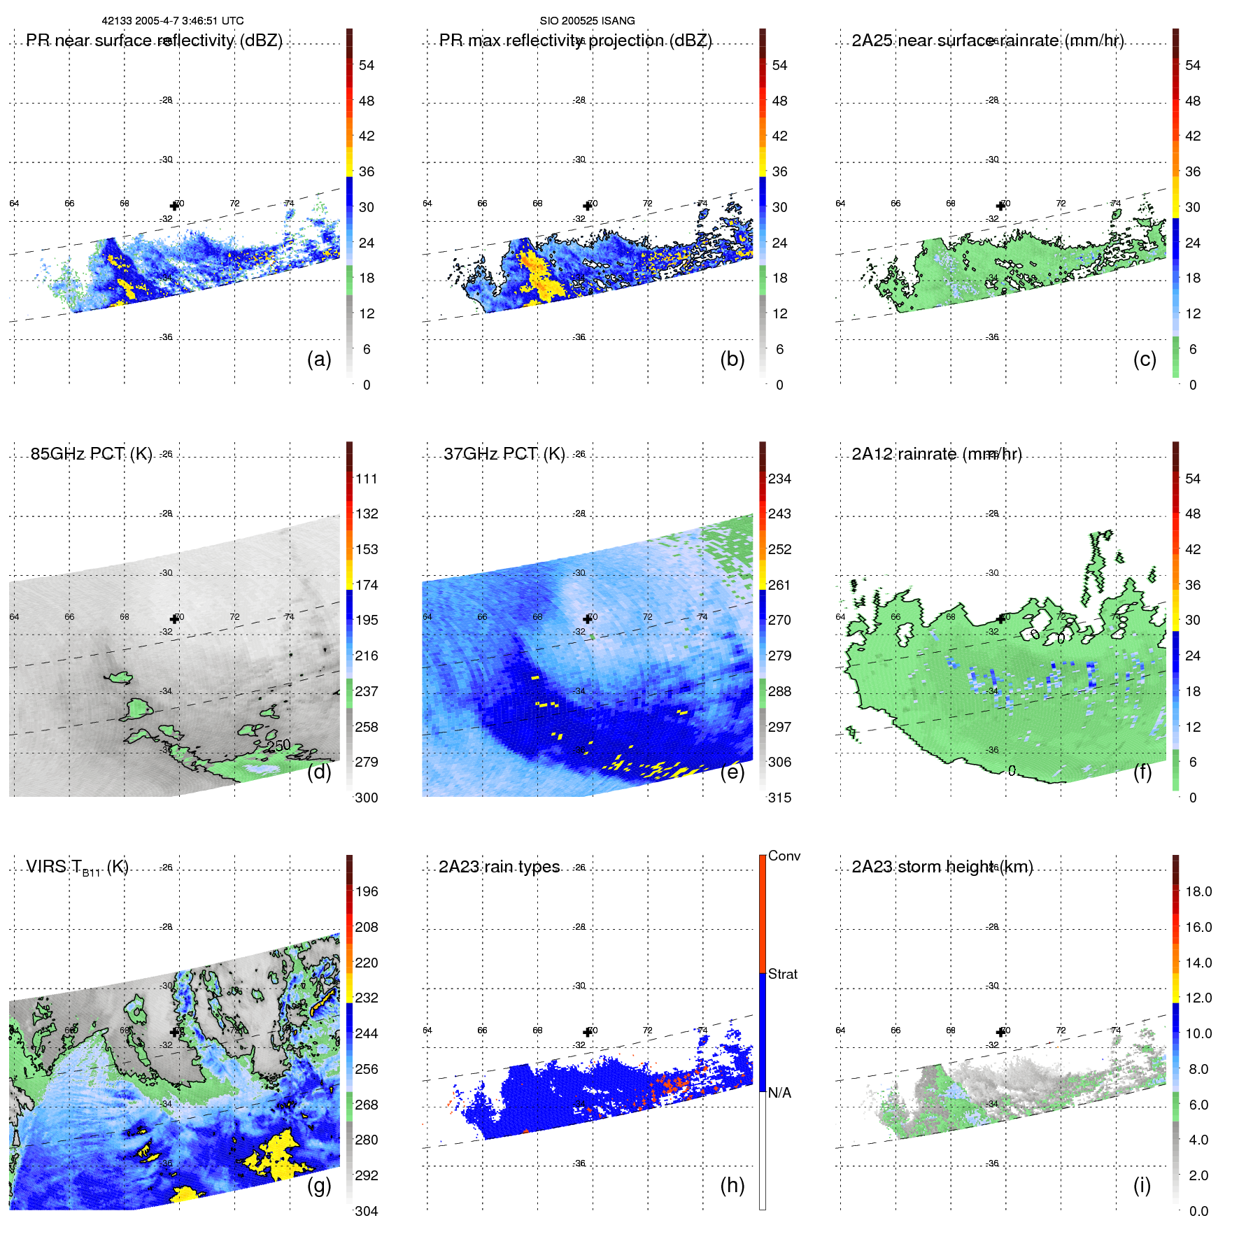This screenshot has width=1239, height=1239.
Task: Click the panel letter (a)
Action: (318, 360)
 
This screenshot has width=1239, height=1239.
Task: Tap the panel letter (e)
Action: (732, 772)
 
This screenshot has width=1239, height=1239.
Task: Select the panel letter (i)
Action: (1142, 1185)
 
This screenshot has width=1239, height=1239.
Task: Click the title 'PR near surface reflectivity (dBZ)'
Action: (154, 41)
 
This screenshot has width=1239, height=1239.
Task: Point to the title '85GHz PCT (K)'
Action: (91, 453)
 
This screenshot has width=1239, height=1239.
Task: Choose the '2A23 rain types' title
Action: (499, 867)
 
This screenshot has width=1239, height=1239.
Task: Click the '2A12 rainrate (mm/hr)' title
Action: (937, 454)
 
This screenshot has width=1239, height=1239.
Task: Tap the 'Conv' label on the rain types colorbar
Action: (784, 856)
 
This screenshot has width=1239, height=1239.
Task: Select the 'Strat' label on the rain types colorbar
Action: (782, 974)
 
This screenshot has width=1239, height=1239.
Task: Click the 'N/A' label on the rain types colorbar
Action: (779, 1093)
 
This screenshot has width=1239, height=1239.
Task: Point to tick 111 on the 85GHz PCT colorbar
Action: (367, 479)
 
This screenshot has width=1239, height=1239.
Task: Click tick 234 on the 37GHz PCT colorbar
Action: (779, 479)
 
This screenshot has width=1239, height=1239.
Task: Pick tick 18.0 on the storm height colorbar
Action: (1198, 891)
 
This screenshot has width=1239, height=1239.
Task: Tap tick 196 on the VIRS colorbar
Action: (367, 891)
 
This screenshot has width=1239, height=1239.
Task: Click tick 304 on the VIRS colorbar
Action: (367, 1211)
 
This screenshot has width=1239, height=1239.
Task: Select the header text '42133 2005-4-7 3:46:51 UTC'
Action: (173, 21)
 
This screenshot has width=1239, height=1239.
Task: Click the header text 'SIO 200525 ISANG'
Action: (587, 21)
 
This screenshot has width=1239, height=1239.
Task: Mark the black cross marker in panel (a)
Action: (174, 206)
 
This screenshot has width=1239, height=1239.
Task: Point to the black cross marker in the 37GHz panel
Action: (587, 619)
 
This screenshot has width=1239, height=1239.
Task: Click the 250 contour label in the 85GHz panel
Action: (278, 746)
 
